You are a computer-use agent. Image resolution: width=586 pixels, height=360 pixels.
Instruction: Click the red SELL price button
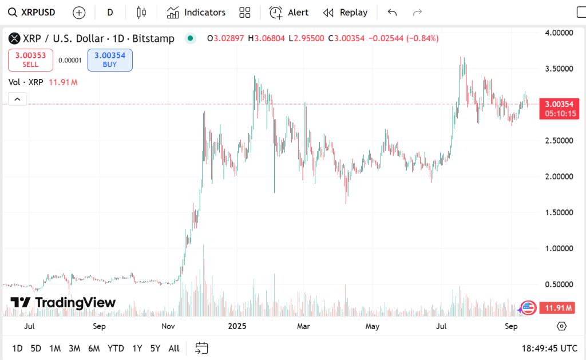coord(30,60)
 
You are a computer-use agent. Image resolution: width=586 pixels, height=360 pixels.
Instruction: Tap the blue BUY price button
coord(110,60)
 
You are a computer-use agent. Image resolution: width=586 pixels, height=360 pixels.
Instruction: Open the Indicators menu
coord(196,13)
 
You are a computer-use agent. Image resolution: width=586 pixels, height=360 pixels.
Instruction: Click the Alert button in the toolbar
coord(289,13)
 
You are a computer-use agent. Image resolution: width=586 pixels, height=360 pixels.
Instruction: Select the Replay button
coord(345,13)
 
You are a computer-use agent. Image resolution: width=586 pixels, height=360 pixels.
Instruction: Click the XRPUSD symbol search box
coord(34,13)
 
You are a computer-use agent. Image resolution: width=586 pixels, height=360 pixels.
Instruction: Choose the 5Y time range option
coord(155,348)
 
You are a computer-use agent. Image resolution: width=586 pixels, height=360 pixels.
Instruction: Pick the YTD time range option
coord(116,348)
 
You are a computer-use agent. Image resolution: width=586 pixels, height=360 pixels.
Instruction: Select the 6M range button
coord(94,348)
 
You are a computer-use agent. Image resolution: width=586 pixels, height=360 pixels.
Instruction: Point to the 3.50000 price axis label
coord(559,69)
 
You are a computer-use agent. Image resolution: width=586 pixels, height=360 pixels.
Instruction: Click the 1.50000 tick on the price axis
coord(559,212)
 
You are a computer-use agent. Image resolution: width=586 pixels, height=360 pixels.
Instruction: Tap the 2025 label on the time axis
coord(236,326)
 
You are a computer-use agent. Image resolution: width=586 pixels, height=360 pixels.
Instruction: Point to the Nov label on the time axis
coord(168,326)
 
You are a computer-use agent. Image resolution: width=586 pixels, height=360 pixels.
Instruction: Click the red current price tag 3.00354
coord(559,108)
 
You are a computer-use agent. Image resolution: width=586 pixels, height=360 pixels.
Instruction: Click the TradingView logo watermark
coord(64,303)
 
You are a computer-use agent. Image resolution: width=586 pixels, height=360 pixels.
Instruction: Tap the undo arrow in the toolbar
coord(392,13)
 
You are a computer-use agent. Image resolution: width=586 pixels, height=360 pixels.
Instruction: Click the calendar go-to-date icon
coord(201,348)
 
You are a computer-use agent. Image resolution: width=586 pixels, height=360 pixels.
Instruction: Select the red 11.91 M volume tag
coord(559,308)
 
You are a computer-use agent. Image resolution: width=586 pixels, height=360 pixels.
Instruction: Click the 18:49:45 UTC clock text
coord(549,348)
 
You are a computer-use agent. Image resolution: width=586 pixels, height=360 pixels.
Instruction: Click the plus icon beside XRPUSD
coord(80,13)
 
